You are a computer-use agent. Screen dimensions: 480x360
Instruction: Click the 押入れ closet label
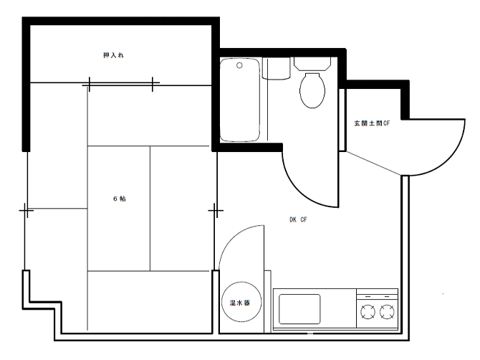[x=114, y=55]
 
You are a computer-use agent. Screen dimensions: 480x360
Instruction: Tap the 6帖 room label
[x=120, y=199]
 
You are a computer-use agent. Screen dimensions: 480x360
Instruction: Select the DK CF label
[x=298, y=219]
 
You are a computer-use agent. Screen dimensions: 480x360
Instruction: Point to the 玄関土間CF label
[x=372, y=123]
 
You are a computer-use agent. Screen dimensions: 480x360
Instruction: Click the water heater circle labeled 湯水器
[x=242, y=302]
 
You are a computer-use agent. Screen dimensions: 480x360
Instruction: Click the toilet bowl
[x=312, y=90]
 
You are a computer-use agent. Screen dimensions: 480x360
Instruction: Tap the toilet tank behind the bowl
[x=312, y=64]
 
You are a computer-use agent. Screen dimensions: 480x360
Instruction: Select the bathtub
[x=240, y=100]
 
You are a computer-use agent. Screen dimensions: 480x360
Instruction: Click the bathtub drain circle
[x=240, y=65]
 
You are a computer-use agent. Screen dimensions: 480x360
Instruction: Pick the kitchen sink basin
[x=299, y=309]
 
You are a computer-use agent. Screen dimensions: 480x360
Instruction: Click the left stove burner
[x=368, y=312]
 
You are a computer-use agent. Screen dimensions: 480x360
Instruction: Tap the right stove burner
[x=387, y=312]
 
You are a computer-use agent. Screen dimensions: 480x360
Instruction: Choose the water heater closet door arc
[x=232, y=238]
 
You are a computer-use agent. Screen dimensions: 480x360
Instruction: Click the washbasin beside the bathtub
[x=276, y=69]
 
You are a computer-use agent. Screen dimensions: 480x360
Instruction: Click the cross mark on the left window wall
[x=27, y=210]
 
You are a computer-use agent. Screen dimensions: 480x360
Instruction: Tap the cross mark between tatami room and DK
[x=216, y=211]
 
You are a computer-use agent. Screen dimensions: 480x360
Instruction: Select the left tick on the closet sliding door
[x=89, y=84]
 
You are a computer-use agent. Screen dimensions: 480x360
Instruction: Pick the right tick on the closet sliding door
[x=153, y=84]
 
